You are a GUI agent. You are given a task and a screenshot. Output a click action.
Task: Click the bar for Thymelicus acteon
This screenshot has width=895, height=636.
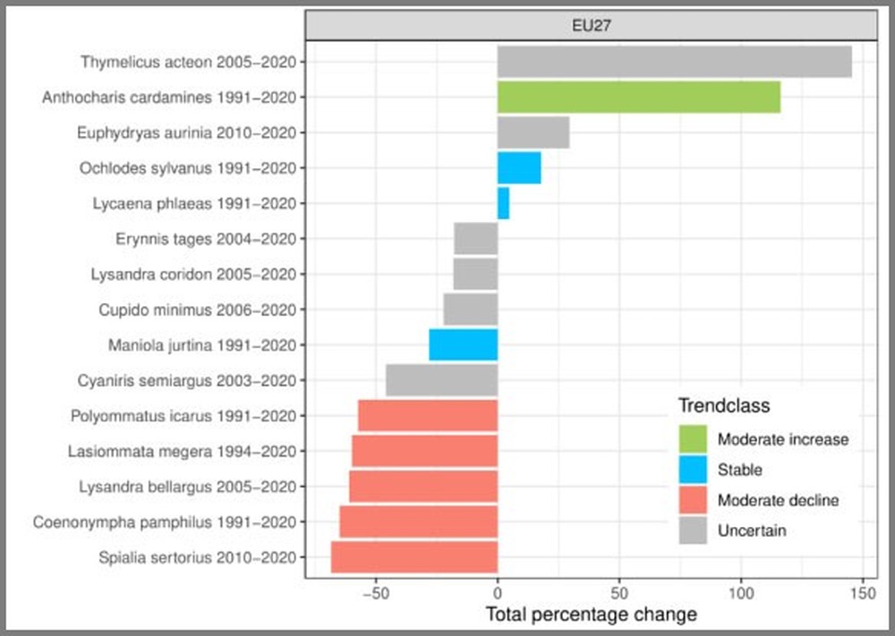pos(674,62)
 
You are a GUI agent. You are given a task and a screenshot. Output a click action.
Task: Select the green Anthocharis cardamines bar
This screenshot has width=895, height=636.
pos(638,97)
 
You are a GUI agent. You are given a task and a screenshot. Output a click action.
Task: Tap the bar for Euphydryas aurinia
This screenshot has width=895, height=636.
pos(533,132)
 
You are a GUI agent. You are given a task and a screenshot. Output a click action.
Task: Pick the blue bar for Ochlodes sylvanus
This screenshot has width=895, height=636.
pos(519,167)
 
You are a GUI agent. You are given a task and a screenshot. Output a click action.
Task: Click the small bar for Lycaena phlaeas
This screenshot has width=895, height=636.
pos(503,203)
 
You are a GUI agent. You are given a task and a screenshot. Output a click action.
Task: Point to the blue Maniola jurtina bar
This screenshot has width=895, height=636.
pos(464,344)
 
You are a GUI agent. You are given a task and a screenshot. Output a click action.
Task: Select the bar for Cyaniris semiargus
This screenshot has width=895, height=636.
pos(442,380)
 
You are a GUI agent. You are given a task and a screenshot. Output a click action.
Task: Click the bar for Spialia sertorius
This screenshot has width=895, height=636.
pos(414,557)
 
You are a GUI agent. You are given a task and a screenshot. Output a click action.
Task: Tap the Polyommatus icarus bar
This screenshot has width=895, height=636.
pos(428,416)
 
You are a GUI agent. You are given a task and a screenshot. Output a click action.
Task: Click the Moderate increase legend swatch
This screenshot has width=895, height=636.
pos(694,439)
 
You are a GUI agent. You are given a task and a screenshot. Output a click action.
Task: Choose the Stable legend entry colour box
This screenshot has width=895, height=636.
pos(694,470)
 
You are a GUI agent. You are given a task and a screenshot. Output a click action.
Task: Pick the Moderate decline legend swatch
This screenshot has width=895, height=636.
pos(694,500)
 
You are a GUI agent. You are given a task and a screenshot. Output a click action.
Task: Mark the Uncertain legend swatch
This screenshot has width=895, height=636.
pos(694,530)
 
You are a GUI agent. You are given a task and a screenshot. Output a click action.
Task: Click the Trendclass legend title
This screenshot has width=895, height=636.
pos(723,406)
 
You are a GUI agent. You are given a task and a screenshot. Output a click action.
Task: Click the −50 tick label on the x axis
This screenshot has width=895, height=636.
pos(376,593)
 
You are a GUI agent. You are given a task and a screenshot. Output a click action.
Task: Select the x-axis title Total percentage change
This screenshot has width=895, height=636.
pos(591,615)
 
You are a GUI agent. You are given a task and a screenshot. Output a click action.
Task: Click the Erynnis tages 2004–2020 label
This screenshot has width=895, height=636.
pos(206,239)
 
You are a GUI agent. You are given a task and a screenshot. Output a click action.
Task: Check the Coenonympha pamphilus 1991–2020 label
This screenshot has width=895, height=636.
pos(164,522)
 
